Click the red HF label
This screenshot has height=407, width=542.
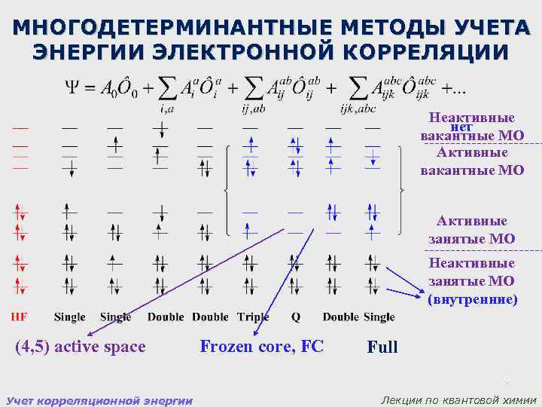coord(20,317)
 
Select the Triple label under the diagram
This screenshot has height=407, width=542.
coord(253,317)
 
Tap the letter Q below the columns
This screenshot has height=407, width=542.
coord(294,317)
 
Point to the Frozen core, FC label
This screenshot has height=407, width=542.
coord(261,347)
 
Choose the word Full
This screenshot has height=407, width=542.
coord(382,347)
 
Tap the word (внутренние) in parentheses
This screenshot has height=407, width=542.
coord(473,299)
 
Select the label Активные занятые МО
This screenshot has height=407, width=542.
coord(472,230)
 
